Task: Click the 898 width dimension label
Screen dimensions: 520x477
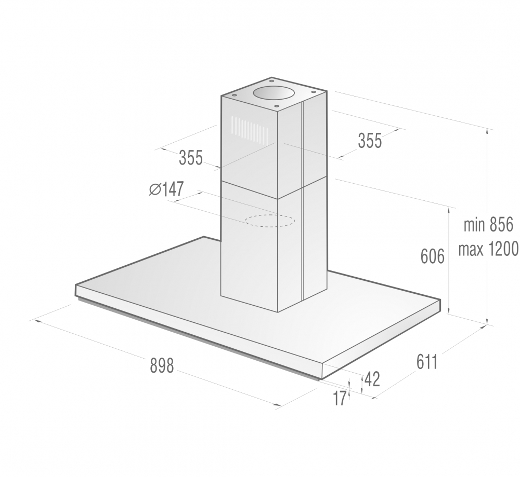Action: point(162,366)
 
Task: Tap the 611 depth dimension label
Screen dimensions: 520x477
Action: point(427,362)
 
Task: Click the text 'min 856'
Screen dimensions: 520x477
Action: point(488,225)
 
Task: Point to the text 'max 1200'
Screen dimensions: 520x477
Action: point(488,249)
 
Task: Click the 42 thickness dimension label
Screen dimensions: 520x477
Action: point(372,379)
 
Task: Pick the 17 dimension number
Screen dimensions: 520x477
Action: point(339,398)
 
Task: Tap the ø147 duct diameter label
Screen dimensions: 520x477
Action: point(166,189)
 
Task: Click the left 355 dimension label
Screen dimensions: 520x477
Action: point(191,158)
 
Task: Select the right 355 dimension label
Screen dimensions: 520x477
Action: point(370,140)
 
